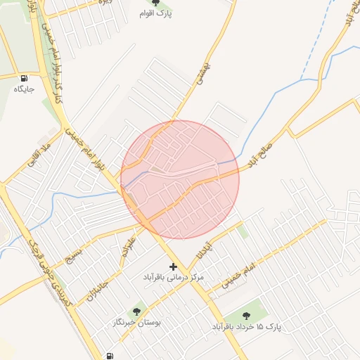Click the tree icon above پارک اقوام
[x=166, y=3]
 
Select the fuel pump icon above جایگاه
[x=25, y=78]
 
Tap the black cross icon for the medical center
[x=174, y=266]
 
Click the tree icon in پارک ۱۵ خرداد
[x=246, y=316]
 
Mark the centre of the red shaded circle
[x=180, y=179]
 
